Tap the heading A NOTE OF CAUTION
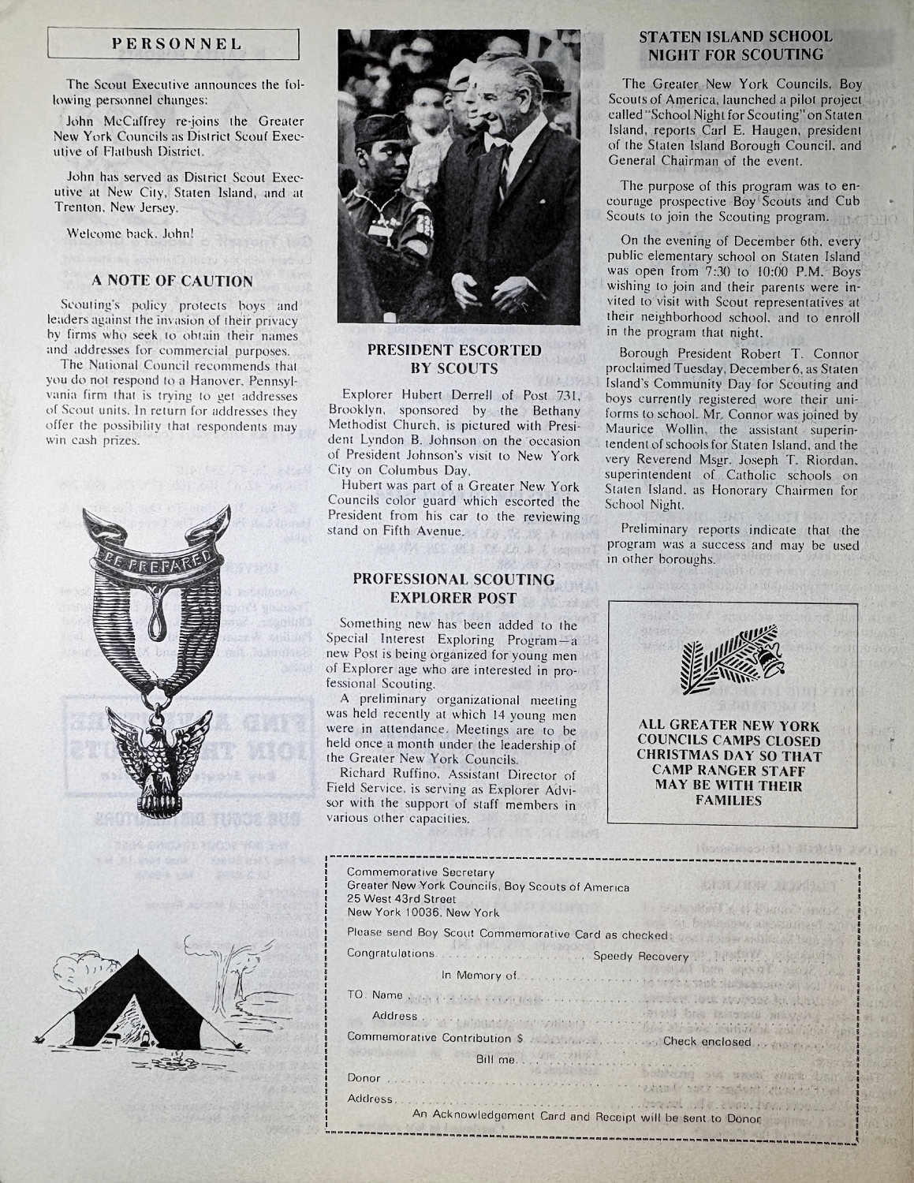tap(173, 281)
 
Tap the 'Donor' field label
tap(364, 1078)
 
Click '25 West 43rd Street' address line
tap(401, 899)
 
